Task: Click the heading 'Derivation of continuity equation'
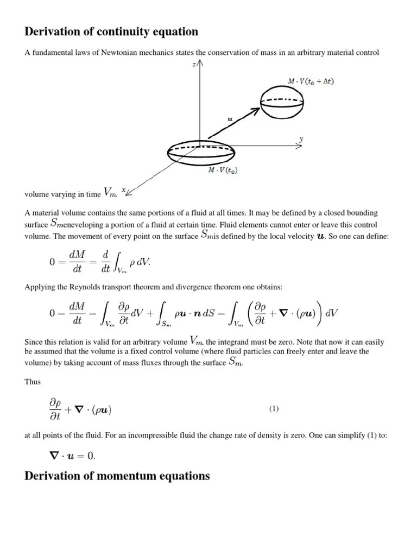[x=111, y=32]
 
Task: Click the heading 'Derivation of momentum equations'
[x=117, y=476]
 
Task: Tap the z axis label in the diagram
[x=194, y=64]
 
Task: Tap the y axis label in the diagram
[x=301, y=140]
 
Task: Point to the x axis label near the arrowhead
[x=124, y=190]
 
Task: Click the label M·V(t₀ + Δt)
[x=311, y=81]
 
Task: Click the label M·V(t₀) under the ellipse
[x=223, y=170]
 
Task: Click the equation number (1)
[x=274, y=409]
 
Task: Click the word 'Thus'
[x=33, y=382]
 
